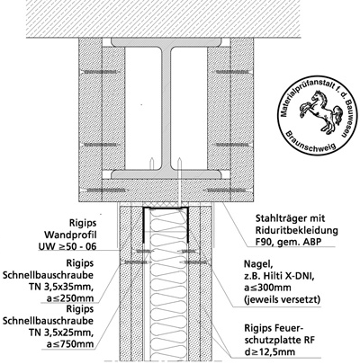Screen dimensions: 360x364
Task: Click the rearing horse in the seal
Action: click(x=319, y=111)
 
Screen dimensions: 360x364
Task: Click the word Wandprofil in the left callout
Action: click(x=70, y=235)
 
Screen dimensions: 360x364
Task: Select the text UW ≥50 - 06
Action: click(x=67, y=246)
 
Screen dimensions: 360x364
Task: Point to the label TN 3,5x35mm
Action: click(x=62, y=287)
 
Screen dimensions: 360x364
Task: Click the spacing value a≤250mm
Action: click(x=70, y=298)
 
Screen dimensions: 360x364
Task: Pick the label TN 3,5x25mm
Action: click(x=62, y=333)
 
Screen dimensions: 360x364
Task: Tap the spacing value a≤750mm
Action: click(x=70, y=343)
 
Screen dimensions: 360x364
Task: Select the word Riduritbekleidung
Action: click(x=297, y=230)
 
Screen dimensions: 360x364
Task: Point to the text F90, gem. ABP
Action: click(x=286, y=241)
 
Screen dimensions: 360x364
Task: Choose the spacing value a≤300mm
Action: click(x=267, y=288)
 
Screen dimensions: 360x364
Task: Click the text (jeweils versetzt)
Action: click(x=282, y=299)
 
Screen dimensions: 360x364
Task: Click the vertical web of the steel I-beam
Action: click(x=166, y=108)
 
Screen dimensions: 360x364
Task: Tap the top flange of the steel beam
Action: click(x=166, y=42)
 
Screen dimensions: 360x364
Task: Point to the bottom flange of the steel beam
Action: click(x=166, y=173)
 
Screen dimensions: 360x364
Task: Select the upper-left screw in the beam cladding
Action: click(x=99, y=72)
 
